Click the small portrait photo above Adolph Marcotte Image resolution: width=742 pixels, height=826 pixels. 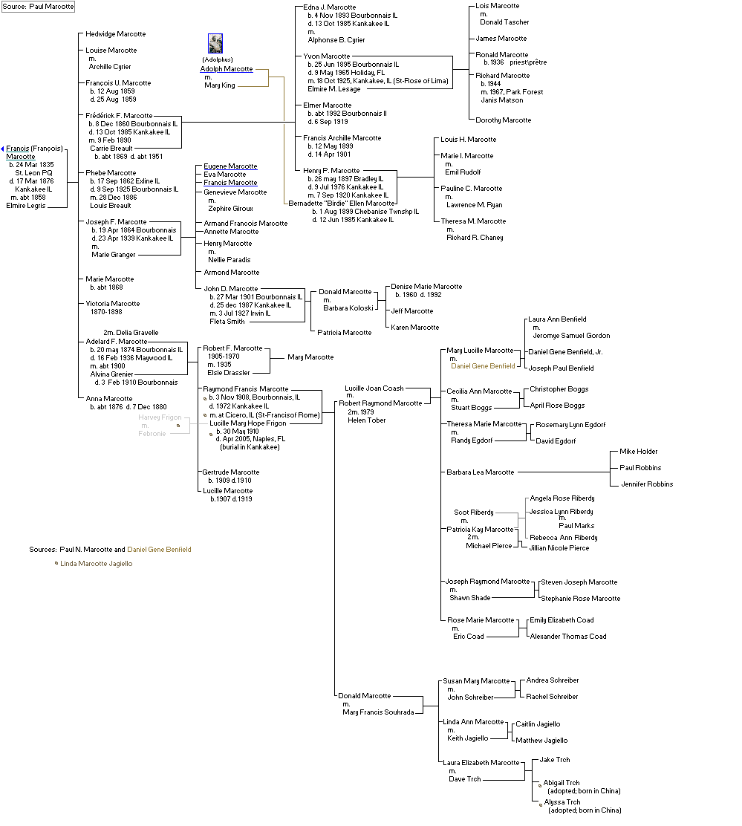coord(215,43)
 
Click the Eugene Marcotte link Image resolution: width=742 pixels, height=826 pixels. coord(230,166)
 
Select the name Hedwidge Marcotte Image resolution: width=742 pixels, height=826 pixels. coord(115,34)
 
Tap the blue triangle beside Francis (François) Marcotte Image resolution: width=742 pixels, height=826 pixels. coord(3,149)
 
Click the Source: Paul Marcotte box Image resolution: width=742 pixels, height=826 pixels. coord(38,6)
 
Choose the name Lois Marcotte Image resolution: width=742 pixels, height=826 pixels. coord(498,6)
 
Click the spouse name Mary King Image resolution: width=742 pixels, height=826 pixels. coord(219,85)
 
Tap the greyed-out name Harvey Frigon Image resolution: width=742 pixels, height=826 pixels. coord(160,417)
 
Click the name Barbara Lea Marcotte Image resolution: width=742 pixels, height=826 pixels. coord(480,472)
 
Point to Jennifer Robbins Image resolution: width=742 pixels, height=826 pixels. coord(646,484)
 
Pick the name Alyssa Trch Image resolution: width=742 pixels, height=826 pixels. coord(562,802)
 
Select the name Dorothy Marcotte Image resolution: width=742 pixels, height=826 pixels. coord(503,120)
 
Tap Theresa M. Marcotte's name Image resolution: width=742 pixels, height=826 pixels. coord(473,221)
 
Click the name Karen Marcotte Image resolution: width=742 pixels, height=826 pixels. coord(414,328)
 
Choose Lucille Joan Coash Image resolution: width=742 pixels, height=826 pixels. coord(374,388)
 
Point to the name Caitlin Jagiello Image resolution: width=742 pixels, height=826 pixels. coord(538,724)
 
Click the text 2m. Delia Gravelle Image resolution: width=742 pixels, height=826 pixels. coord(130,333)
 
